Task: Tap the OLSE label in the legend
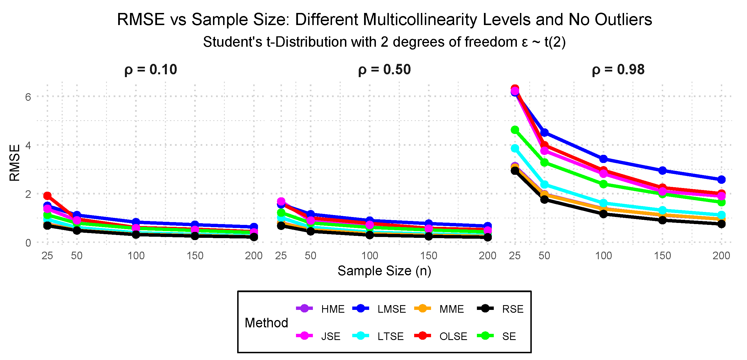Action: tap(453, 336)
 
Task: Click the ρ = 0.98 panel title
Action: tap(618, 70)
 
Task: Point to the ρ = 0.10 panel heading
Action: tap(151, 70)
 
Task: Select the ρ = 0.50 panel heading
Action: tap(384, 70)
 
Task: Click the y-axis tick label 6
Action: tap(28, 97)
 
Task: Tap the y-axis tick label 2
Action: tap(28, 194)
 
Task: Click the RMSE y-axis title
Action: tap(15, 163)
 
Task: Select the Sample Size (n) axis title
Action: tap(384, 271)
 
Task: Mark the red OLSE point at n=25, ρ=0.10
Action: tap(47, 196)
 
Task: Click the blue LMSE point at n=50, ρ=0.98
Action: tap(544, 133)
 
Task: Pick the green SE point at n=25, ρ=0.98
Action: tap(515, 130)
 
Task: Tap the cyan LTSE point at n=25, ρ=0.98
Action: tap(515, 148)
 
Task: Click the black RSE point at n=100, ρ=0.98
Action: tap(603, 214)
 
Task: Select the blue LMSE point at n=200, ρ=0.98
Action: tap(721, 180)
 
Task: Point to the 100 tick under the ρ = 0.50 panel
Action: tap(369, 256)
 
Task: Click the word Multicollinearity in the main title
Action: tap(447, 20)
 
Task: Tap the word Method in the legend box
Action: tap(266, 323)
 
